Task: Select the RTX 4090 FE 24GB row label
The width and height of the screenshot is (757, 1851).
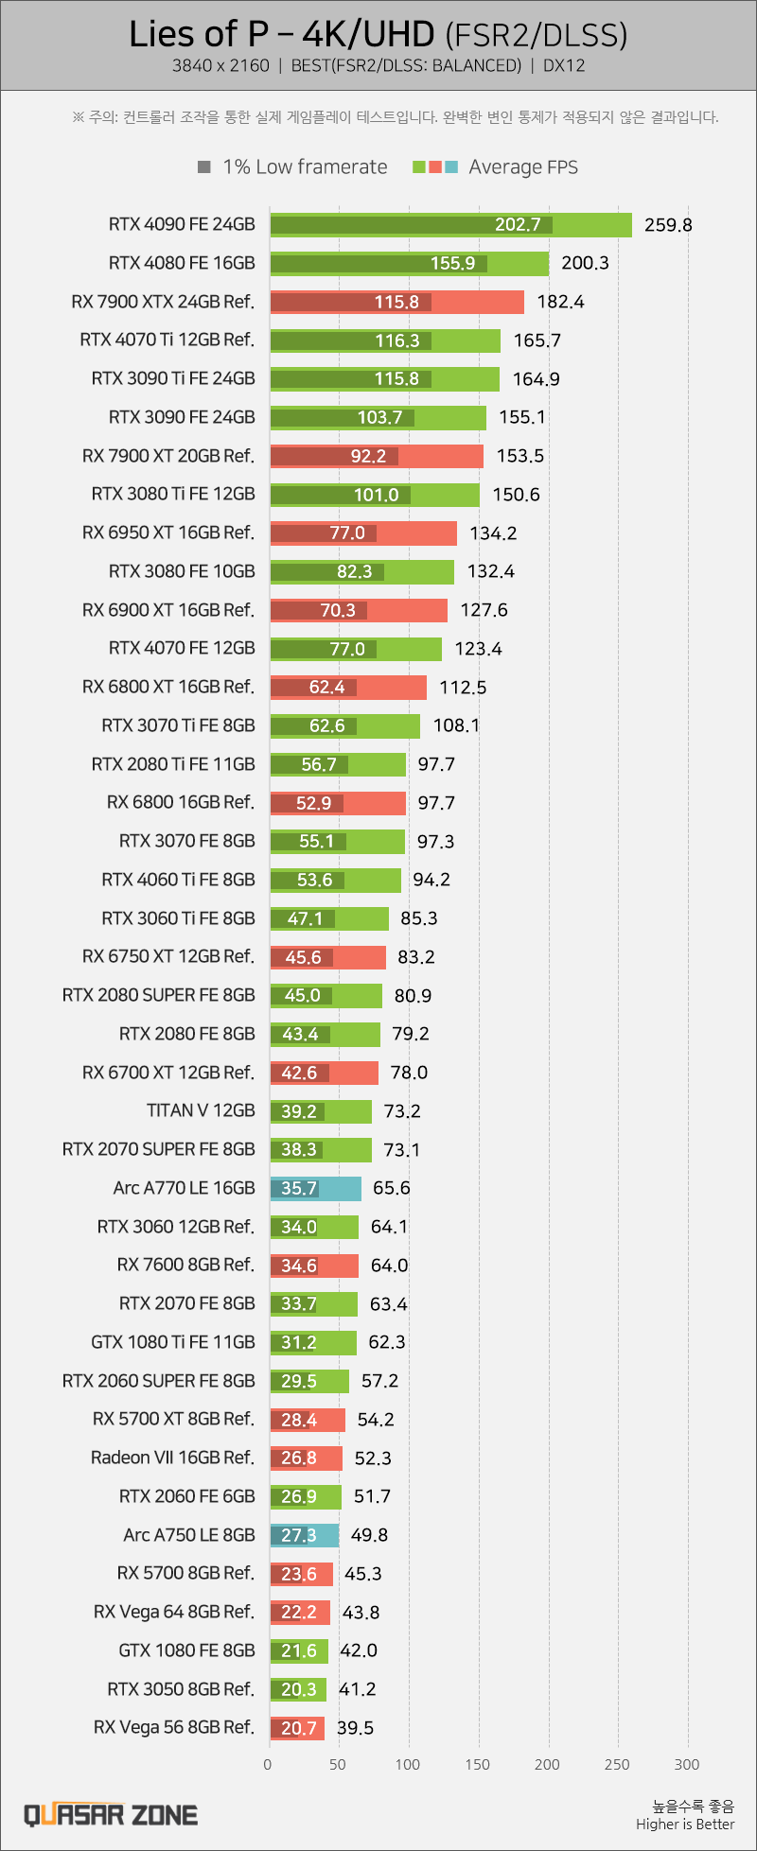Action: (x=182, y=224)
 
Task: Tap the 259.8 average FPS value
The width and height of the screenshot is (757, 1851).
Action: (x=668, y=225)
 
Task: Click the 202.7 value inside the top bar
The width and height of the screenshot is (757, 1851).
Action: (x=518, y=225)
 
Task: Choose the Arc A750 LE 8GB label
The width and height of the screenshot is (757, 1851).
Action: (x=189, y=1535)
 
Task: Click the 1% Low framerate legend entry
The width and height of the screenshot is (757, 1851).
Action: (x=293, y=167)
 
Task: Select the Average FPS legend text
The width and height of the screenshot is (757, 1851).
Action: (x=523, y=167)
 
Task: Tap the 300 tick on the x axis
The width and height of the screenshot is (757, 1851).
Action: (x=687, y=1764)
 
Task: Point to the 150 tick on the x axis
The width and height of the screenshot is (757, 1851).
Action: (x=478, y=1764)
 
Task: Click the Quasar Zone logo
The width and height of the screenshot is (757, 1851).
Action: (x=111, y=1815)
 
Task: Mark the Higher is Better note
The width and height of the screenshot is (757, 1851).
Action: (x=685, y=1825)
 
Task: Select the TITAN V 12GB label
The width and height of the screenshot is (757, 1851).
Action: (x=201, y=1110)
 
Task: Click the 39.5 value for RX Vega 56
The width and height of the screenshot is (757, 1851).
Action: (x=356, y=1728)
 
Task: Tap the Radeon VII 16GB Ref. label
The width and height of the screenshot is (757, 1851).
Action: (x=173, y=1458)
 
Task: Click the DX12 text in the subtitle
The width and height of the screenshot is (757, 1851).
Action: (x=565, y=66)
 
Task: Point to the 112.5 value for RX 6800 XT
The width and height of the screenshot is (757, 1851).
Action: (x=463, y=688)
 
